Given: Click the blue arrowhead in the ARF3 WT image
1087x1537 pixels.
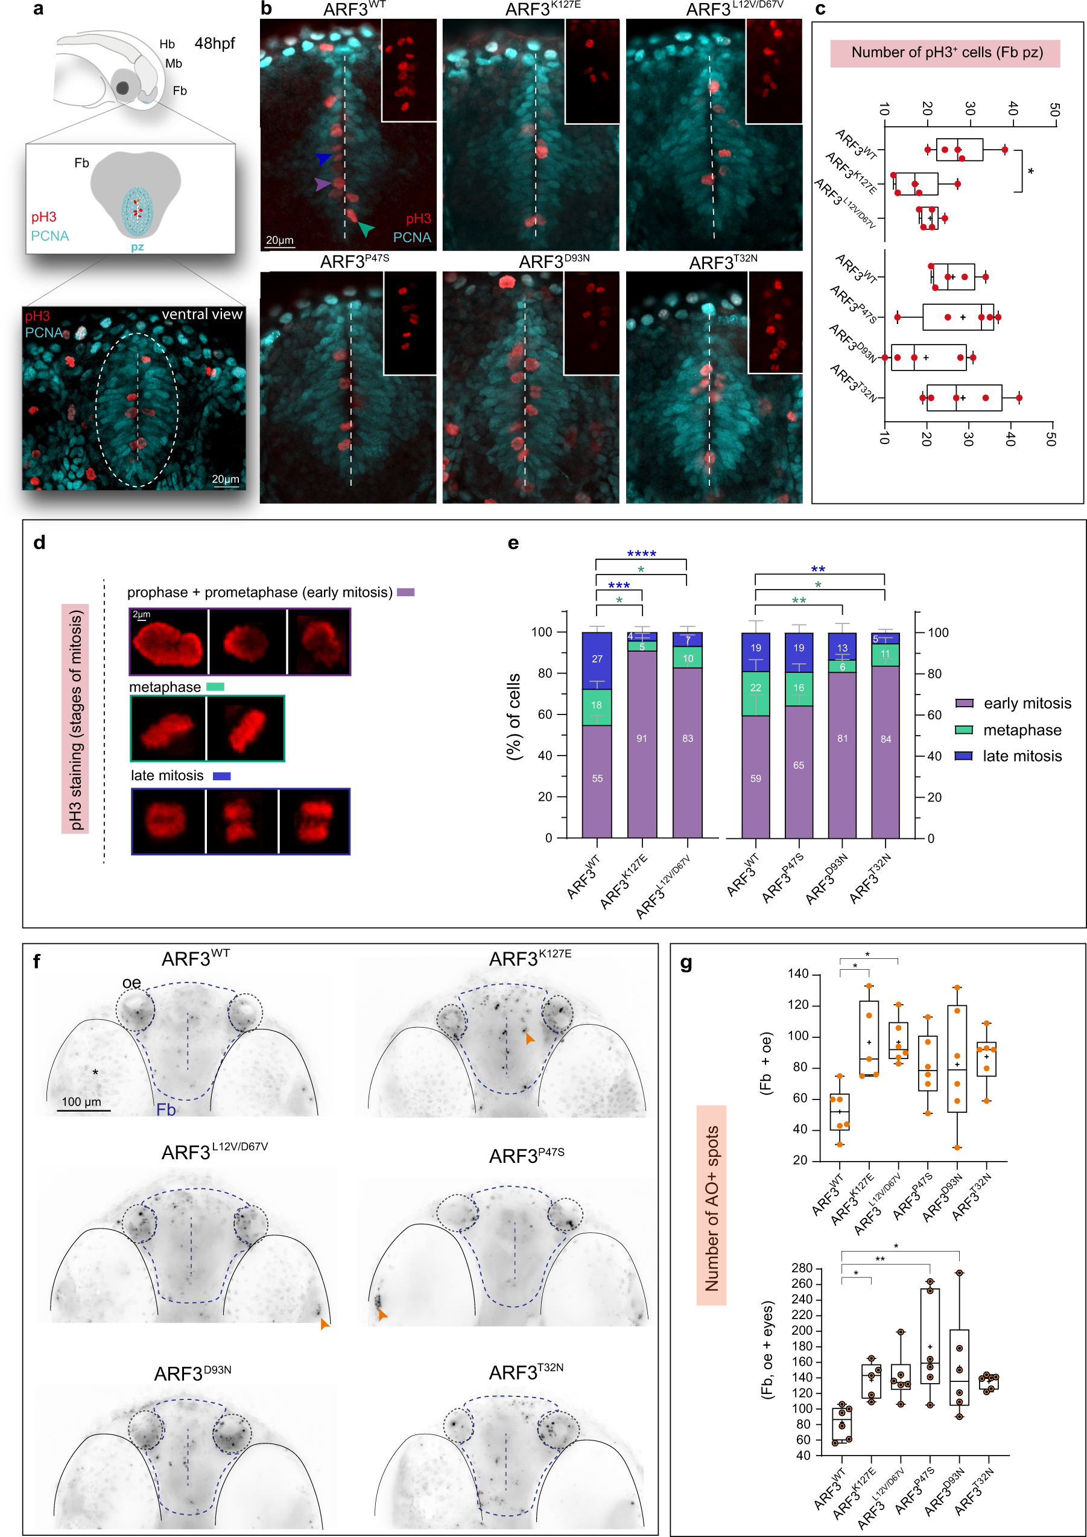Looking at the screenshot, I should coord(324,159).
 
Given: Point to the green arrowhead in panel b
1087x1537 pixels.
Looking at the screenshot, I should coord(366,229).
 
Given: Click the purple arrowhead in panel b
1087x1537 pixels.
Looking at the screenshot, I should coord(323,184).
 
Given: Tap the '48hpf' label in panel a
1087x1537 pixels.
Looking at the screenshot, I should coord(215,43).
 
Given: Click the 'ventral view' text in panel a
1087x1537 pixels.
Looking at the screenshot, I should coord(201,314).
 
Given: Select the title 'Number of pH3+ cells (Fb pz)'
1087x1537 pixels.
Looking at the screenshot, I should coord(946,53).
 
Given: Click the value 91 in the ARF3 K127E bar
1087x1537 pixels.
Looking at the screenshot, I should coord(641,739).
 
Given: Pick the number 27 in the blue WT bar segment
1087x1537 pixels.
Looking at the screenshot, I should coord(597,659).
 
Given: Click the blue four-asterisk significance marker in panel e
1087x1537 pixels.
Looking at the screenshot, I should coord(641,553).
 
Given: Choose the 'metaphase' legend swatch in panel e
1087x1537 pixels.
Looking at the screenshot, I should coord(964,730).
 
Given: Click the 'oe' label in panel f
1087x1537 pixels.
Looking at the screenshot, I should coord(131,982).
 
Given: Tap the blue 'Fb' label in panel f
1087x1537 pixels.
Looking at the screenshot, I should coord(166,1110).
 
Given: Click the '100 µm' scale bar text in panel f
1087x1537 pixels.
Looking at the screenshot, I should coord(81,1102).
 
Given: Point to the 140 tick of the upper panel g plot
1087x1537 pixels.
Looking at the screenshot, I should coord(799,974).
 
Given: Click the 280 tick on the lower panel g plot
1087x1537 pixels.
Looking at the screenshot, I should coord(801,1268).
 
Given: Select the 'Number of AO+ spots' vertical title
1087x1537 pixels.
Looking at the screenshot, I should coord(712,1208).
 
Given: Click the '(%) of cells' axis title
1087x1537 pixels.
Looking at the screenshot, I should coord(513,716).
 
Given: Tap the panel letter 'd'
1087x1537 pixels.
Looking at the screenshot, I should coord(39,543).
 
